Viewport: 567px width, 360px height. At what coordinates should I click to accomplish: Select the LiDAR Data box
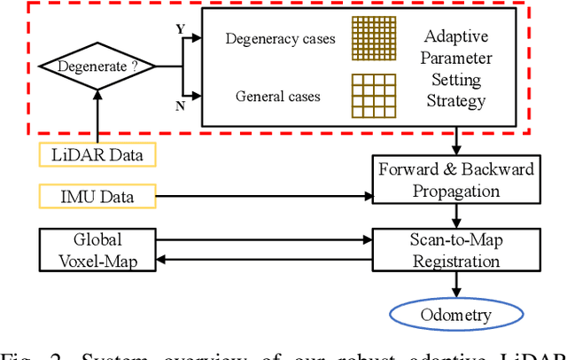97,155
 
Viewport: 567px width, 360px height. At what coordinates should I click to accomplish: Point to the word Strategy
455,100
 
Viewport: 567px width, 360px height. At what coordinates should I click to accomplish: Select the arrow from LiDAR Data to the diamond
97,115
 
